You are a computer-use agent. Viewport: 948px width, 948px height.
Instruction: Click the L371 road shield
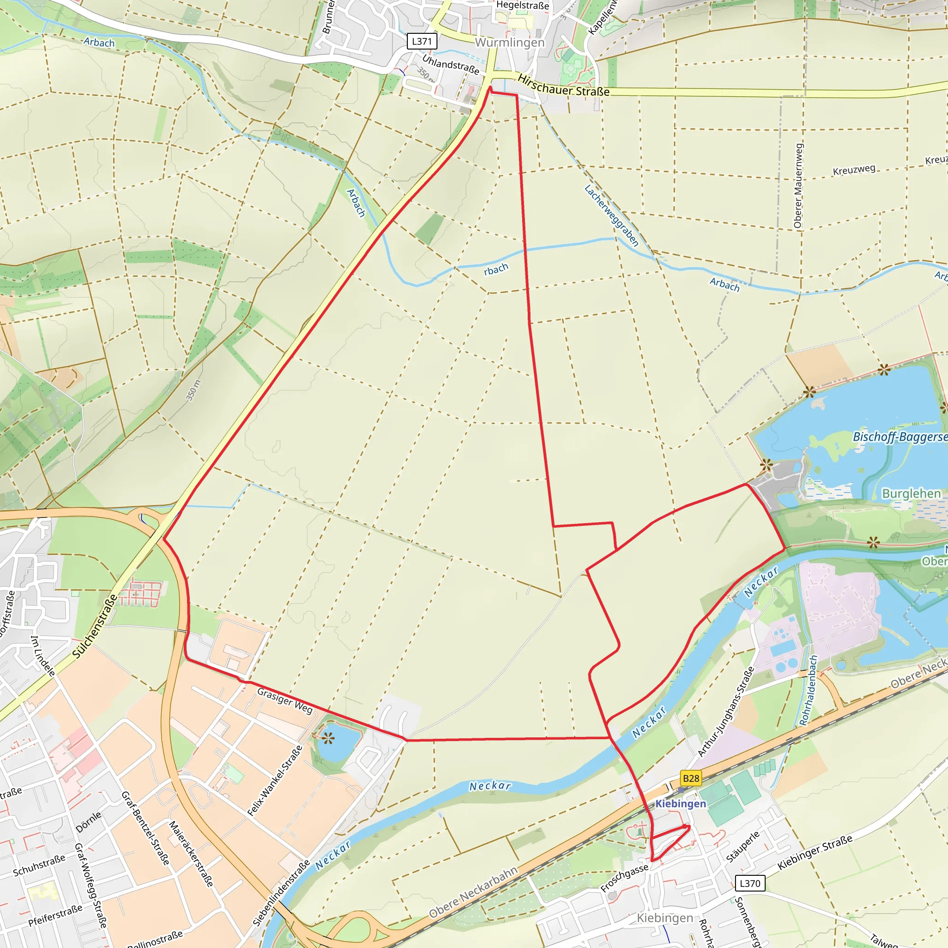(x=422, y=41)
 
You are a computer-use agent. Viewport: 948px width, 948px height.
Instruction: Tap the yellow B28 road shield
(x=691, y=778)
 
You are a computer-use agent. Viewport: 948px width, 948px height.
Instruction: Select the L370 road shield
(x=750, y=883)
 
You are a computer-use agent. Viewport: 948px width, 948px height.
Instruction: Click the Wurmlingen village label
(x=510, y=43)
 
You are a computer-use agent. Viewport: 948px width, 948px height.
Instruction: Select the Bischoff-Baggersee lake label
(x=900, y=437)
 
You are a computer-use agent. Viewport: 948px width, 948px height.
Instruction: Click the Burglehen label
(x=911, y=493)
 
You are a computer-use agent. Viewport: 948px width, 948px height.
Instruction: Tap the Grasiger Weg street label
(x=285, y=701)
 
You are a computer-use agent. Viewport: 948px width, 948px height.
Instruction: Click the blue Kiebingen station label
(x=680, y=804)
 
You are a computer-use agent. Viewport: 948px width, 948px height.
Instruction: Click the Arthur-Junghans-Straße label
(x=726, y=712)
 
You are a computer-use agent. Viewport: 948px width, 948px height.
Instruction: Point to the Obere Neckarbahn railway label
(x=474, y=892)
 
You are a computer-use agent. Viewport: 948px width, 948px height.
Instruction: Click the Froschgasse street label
(x=624, y=878)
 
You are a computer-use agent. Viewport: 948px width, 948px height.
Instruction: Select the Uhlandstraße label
(x=450, y=64)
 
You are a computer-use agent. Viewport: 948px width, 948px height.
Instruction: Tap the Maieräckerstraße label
(x=191, y=854)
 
